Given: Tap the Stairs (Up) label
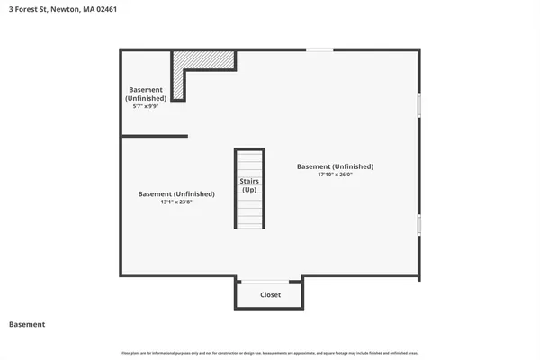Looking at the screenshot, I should (249, 186).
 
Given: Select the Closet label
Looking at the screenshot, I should (270, 294).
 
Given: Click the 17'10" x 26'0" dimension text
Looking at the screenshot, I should (335, 175).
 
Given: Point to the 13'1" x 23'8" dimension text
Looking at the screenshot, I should (176, 202).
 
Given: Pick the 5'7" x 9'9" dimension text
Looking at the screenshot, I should (145, 106).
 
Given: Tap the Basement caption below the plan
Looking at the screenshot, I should (27, 324).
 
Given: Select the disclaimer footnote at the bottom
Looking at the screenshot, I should (270, 352).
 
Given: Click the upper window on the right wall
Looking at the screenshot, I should (419, 104).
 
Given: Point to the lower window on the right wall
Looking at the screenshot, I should (419, 224).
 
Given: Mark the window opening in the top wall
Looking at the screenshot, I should (319, 49).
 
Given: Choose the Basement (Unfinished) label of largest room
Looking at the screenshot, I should (335, 166).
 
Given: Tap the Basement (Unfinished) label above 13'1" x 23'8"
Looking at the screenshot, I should (176, 193).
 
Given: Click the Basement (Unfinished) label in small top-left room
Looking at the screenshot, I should (146, 94).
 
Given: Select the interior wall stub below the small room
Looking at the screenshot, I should (154, 136).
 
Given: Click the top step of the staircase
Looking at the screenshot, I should (249, 153).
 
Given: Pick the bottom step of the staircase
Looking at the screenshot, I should (249, 225).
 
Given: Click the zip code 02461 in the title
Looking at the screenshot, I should (104, 9).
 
